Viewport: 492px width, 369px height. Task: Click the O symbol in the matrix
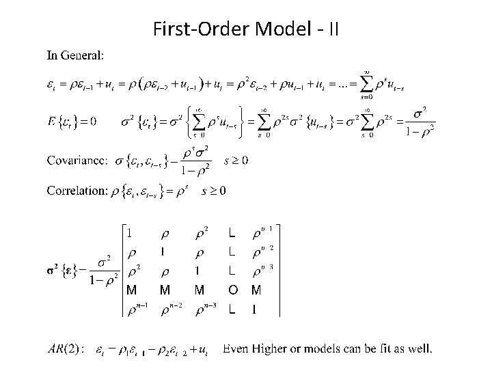pyautogui.click(x=233, y=290)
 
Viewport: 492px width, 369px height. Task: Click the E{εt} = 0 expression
pyautogui.click(x=71, y=122)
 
